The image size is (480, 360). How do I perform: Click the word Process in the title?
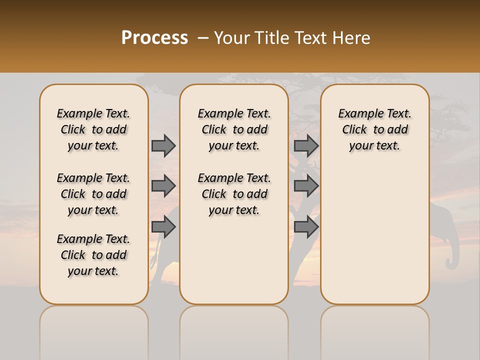pos(154,38)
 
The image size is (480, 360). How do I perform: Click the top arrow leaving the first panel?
pos(163,145)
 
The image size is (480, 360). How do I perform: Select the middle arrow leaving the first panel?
pos(163,186)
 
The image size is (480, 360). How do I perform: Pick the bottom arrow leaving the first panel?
pos(163,226)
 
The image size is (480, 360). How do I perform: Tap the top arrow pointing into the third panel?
pos(306,145)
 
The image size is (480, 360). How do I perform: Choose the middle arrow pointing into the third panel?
pos(306,186)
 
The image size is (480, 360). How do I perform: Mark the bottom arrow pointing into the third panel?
pos(306,226)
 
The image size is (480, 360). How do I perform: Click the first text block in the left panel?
pos(93,129)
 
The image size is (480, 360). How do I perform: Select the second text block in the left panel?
pos(93,194)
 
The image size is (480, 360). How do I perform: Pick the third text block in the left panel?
pos(93,255)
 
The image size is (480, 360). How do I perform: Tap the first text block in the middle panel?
pos(234,129)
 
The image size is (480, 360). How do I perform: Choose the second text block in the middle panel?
pos(234,194)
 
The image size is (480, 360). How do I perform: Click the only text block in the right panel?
pos(374,129)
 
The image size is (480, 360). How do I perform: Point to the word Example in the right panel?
pos(359,114)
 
